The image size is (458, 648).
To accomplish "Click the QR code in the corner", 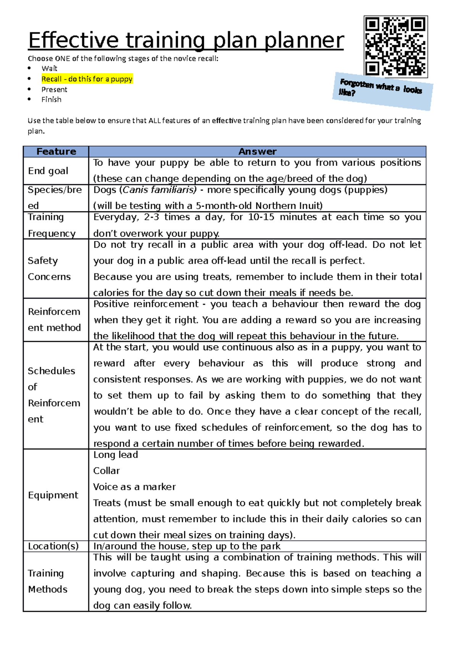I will coord(395,47).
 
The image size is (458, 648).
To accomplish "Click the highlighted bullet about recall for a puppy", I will coord(87,79).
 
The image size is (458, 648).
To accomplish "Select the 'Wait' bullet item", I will coord(49,69).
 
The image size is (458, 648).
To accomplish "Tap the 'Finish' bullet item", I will coord(51,100).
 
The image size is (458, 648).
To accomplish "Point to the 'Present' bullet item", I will coord(54,90).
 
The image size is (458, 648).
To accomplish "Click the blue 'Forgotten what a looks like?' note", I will coord(382,91).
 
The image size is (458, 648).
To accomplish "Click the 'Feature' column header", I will coord(56,152).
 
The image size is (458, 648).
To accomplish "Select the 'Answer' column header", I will coord(257,152).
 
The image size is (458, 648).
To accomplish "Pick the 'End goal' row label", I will coord(48,171).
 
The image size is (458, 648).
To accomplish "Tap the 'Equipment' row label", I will coord(53,495).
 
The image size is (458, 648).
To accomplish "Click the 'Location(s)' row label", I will coord(53,546).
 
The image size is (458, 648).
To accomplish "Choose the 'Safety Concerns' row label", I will coord(49,269).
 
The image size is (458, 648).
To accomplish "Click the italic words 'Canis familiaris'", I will coord(160,190).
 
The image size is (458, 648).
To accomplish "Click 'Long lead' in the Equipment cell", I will coord(116,455).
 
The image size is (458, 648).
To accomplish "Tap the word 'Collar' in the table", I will coord(106,471).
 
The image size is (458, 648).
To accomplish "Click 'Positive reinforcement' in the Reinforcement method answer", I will coord(146,304).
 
